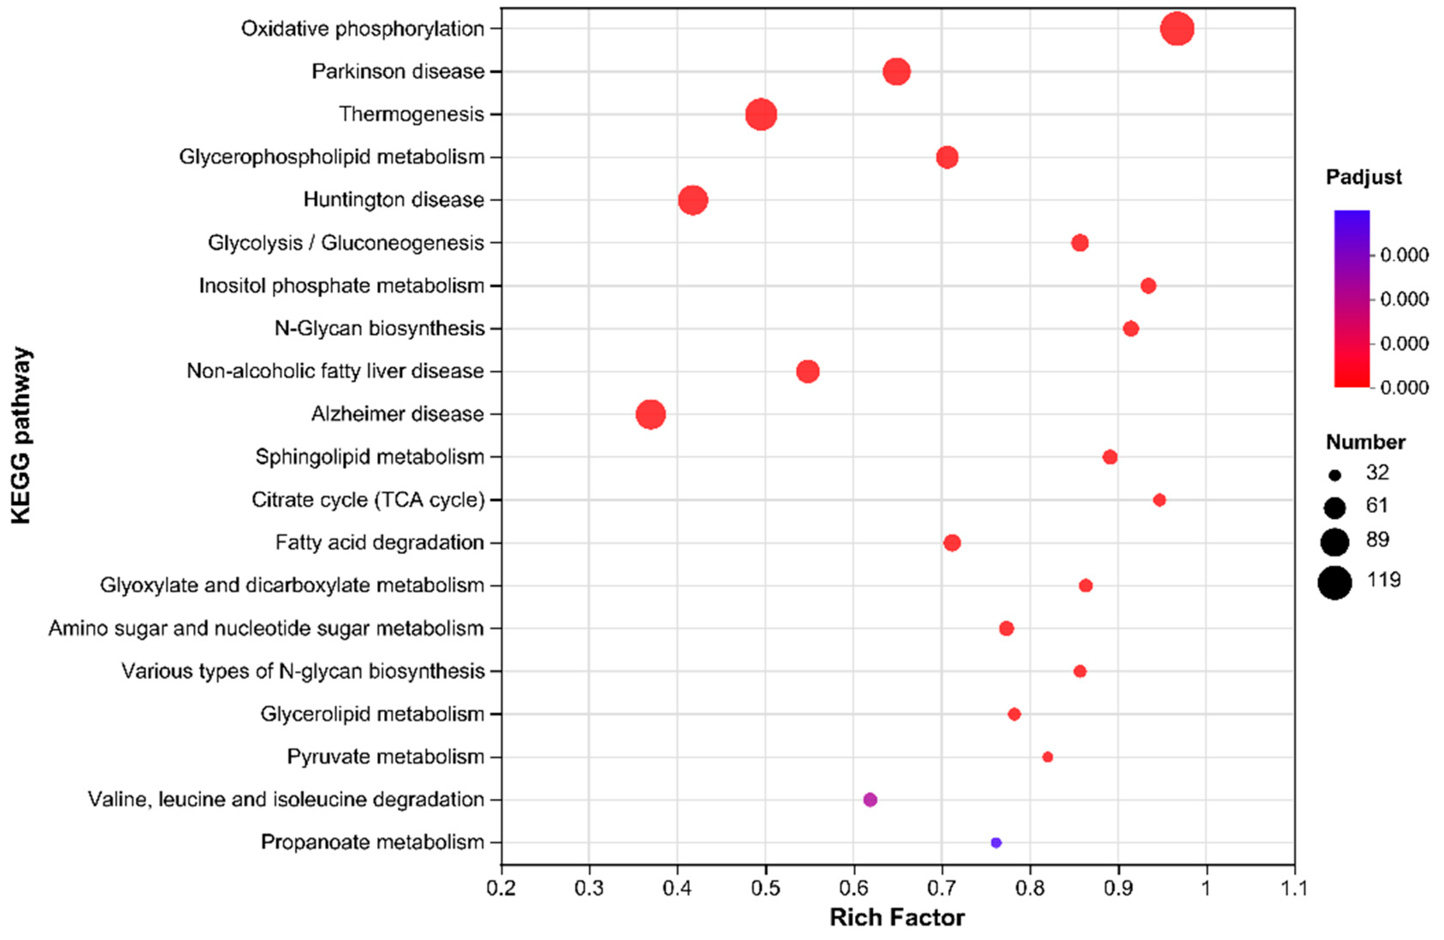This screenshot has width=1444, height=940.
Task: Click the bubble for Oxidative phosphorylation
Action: [x=1177, y=29]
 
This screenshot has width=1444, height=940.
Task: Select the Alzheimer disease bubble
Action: [x=651, y=414]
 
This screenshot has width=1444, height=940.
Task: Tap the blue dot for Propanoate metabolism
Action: [x=995, y=843]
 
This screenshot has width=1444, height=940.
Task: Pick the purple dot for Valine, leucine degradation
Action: [x=869, y=800]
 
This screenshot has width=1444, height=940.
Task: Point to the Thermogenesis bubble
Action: [x=761, y=115]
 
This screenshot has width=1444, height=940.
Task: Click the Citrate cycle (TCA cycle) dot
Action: [x=1159, y=500]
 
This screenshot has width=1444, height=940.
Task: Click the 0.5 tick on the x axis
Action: [x=765, y=889]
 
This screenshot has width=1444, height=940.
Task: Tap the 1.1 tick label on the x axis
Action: [x=1294, y=889]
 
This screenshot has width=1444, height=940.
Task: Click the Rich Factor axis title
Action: [x=897, y=918]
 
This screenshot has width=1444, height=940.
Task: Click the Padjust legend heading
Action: [x=1363, y=177]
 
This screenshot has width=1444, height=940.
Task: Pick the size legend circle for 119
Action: [x=1335, y=583]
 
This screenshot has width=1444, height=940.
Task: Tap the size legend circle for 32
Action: [x=1335, y=476]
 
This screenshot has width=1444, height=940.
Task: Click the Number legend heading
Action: [x=1365, y=442]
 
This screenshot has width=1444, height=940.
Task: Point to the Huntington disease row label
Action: [x=393, y=199]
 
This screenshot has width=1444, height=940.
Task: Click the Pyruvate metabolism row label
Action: [x=385, y=757]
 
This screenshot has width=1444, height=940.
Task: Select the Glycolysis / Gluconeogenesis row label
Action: [x=346, y=243]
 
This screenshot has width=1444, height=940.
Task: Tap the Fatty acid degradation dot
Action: [x=952, y=542]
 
